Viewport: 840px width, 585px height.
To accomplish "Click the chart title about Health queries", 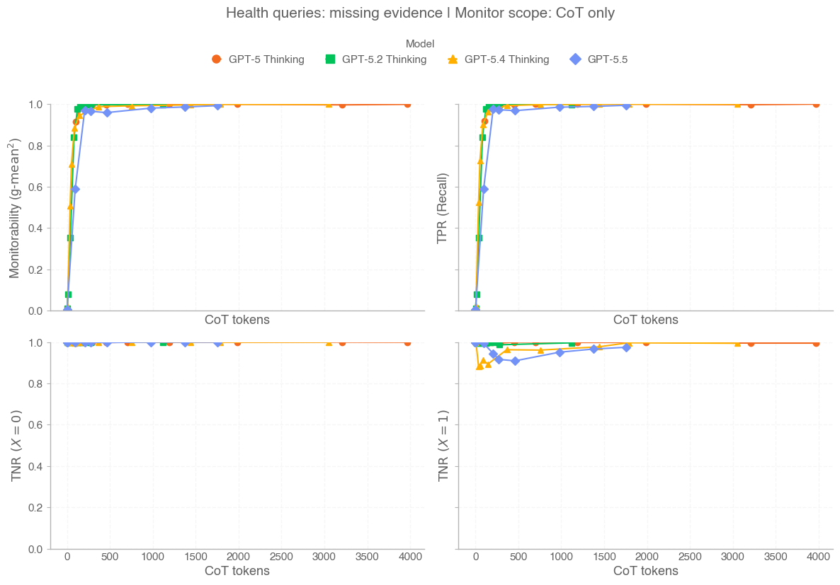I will coord(420,13).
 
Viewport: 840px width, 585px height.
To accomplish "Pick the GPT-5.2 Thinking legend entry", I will coord(375,59).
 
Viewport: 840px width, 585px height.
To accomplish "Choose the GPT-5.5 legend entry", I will coord(598,59).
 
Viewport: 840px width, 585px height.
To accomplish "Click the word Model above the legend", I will coord(420,44).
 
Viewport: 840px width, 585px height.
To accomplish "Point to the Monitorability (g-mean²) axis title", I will coord(15,207).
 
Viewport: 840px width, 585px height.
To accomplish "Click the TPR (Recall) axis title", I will coord(443,207).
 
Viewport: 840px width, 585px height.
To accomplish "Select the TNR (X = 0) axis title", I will coord(15,446).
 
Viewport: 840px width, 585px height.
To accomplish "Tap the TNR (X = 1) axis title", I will coord(443,446).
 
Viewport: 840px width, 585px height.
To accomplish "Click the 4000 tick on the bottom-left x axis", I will coord(410,557).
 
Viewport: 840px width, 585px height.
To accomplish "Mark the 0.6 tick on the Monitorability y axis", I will coord(35,187).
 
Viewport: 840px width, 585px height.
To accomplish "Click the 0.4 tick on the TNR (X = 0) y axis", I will coord(35,467).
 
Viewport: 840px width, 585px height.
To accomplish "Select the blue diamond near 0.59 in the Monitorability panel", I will coord(75,189).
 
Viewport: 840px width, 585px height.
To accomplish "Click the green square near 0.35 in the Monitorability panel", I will coord(70,238).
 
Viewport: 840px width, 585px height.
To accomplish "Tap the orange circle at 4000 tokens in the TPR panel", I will coord(816,104).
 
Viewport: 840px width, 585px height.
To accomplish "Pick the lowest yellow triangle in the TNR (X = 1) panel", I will coord(479,366).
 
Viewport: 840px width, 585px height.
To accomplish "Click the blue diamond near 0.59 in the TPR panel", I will coord(484,189).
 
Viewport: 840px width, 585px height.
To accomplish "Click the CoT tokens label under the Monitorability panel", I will coord(237,320).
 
